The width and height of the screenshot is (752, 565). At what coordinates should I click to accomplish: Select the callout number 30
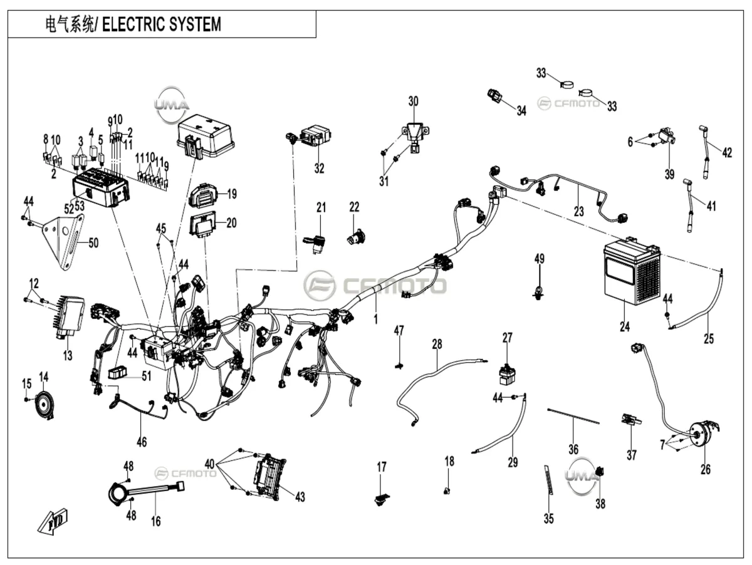(413, 101)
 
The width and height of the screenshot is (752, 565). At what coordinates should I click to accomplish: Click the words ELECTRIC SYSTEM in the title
(161, 24)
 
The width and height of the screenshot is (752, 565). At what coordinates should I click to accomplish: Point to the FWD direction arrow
(53, 522)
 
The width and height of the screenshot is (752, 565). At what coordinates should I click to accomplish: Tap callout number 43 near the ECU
(300, 497)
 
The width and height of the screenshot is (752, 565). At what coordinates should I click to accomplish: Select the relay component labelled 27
(508, 374)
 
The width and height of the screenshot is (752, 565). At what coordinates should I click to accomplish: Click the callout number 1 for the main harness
(375, 319)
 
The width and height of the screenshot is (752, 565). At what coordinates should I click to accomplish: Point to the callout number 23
(578, 211)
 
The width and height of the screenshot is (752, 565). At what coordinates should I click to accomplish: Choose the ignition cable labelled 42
(704, 152)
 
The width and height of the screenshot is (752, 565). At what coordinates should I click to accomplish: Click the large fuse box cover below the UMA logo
(205, 136)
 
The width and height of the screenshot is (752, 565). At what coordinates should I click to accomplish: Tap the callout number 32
(319, 168)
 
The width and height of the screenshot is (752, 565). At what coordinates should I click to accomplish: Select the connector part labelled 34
(494, 96)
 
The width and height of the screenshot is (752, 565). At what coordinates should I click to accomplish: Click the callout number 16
(155, 521)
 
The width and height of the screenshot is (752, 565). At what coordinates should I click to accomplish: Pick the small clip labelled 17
(381, 500)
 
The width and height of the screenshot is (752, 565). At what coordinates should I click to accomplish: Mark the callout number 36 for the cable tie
(573, 449)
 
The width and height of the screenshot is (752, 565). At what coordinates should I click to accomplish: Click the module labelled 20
(203, 225)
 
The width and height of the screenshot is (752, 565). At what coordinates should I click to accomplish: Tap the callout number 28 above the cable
(437, 344)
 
